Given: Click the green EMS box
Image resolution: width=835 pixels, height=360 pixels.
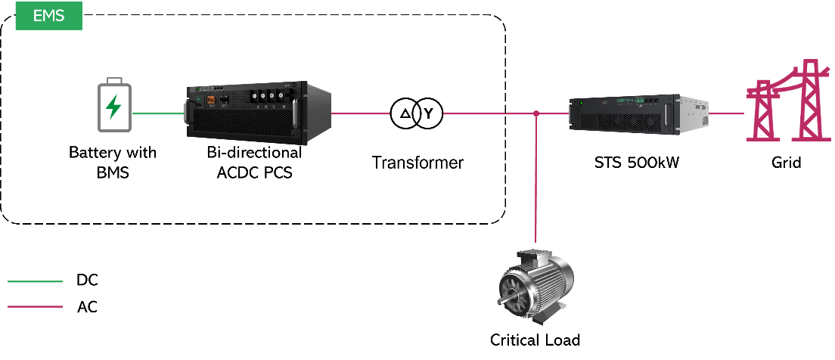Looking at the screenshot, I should pos(48,15).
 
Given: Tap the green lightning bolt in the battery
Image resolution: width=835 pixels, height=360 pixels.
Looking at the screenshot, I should pos(113,107).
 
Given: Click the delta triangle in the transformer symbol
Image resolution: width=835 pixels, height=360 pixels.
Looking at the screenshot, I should pos(405,114).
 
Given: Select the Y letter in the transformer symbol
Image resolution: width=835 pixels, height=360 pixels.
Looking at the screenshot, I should pos(429,114).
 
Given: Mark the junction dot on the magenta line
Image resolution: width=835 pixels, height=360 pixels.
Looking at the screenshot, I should pos(535,114).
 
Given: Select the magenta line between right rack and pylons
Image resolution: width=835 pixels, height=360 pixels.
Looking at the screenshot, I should pos(728,114).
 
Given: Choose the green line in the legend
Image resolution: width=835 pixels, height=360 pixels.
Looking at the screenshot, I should pos(35,281).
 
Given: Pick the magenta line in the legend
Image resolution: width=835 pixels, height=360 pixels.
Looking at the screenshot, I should pos(35,306).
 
